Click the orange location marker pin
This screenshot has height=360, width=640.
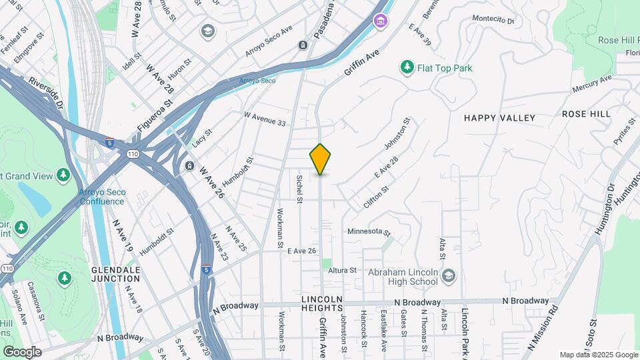tap(320, 159)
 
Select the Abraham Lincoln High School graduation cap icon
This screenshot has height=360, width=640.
tap(449, 275)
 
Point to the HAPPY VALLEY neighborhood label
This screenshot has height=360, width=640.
tap(499, 118)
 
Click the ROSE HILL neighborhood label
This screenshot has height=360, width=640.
tap(586, 114)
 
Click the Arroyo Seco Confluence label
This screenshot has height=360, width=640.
tap(102, 197)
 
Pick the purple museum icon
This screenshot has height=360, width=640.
tap(380, 22)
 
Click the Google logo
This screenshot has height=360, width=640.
tap(22, 352)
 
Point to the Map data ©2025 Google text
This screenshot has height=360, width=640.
tap(598, 355)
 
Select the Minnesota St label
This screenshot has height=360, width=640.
tap(369, 231)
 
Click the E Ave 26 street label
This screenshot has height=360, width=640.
tap(301, 251)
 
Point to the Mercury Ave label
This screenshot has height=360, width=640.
tap(591, 85)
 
